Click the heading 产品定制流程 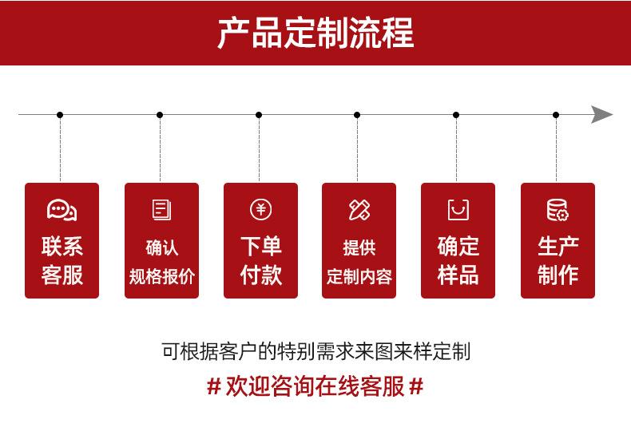click(315, 33)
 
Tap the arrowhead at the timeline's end click(602, 115)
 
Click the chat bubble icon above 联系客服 click(62, 210)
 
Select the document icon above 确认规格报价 click(161, 210)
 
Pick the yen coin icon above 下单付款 click(260, 210)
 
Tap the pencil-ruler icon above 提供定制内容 click(359, 210)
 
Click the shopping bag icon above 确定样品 click(458, 210)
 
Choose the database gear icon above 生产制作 click(558, 210)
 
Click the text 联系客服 click(62, 260)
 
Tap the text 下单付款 click(260, 260)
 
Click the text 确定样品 click(458, 260)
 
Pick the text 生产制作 click(558, 260)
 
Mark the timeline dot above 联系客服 click(60, 115)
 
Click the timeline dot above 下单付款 click(259, 115)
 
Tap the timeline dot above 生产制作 click(556, 115)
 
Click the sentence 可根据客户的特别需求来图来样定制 click(315, 351)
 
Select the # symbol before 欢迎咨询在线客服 click(213, 388)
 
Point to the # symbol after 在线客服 click(415, 388)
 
